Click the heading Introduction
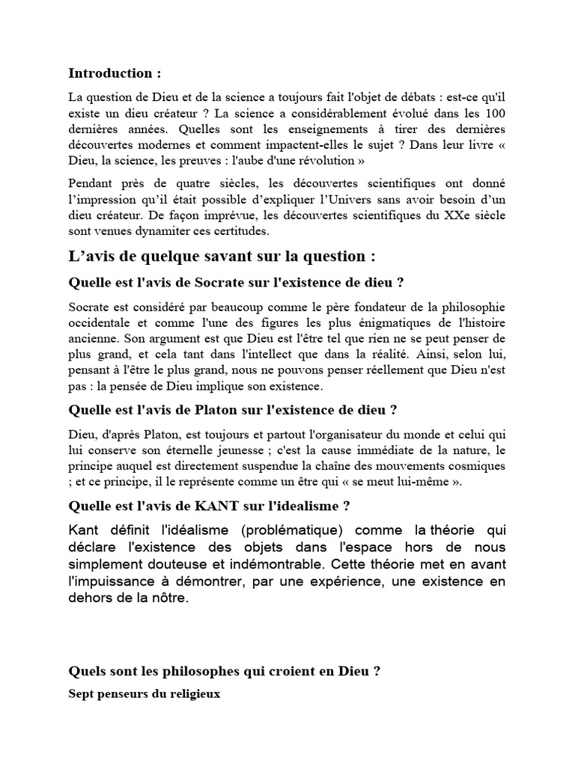coord(115,73)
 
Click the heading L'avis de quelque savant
coord(222,257)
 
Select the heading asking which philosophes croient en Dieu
coord(225,672)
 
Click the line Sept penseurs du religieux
coord(144,693)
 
